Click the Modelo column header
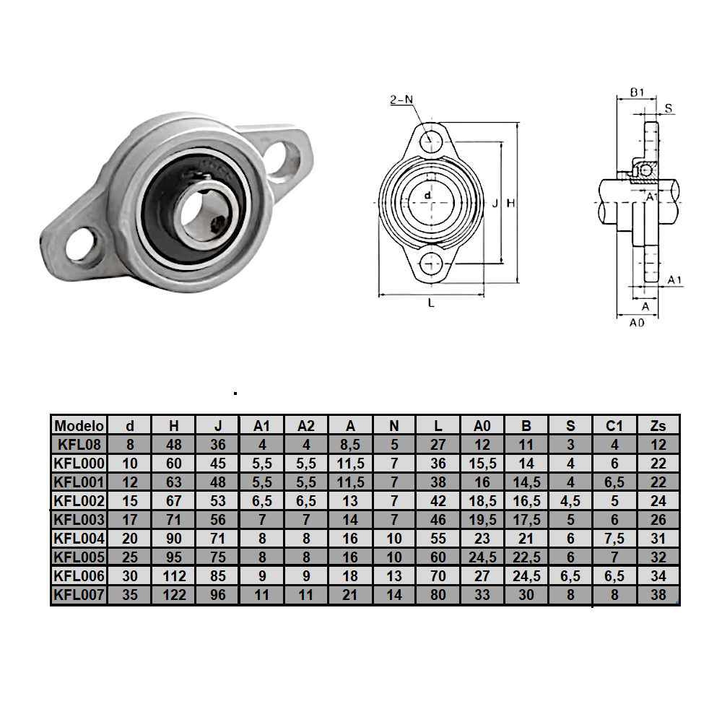79,425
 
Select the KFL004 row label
79,538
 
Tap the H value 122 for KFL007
174,595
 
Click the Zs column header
658,425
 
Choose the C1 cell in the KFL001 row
614,482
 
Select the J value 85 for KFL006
218,576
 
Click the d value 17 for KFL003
130,519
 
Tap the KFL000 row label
79,463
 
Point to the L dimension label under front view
431,304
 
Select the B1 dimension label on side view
637,92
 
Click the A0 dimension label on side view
636,323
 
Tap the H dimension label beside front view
510,204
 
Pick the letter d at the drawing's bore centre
428,196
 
